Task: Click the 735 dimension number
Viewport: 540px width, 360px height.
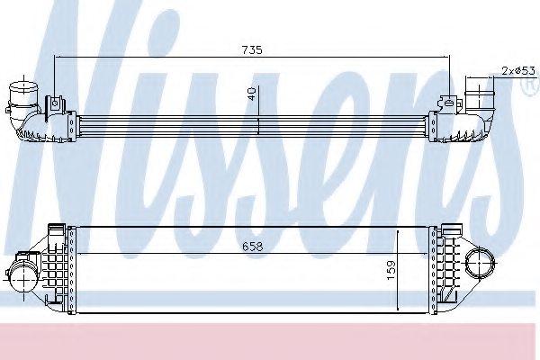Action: coord(251,50)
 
